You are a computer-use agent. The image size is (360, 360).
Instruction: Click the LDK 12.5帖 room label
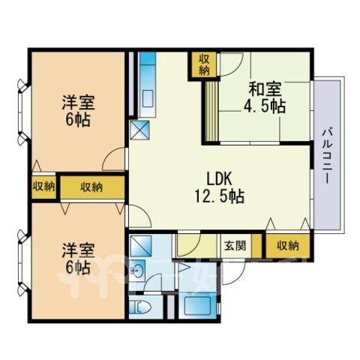[x=220, y=187]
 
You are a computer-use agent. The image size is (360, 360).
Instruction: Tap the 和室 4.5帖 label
[x=265, y=97]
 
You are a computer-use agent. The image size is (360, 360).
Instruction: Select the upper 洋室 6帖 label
[x=78, y=111]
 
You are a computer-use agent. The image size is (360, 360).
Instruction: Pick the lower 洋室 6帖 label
[x=78, y=259]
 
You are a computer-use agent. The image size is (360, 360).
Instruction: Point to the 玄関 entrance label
[x=235, y=246]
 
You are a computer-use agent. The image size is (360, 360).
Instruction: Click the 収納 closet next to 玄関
[x=288, y=246]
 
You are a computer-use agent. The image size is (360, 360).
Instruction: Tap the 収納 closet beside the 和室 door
[x=204, y=64]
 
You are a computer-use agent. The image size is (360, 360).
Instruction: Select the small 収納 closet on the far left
[x=44, y=187]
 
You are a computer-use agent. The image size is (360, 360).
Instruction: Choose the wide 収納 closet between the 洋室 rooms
[x=92, y=187]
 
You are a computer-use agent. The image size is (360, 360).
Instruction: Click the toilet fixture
[x=141, y=307]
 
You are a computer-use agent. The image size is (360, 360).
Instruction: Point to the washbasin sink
[x=137, y=270]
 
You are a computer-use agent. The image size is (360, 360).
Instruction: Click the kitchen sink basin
[x=148, y=99]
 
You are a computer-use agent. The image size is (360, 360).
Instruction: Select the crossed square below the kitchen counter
[x=140, y=130]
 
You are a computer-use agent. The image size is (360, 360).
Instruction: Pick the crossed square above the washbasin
[x=141, y=245]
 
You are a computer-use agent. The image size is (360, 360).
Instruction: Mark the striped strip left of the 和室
[x=211, y=112]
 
